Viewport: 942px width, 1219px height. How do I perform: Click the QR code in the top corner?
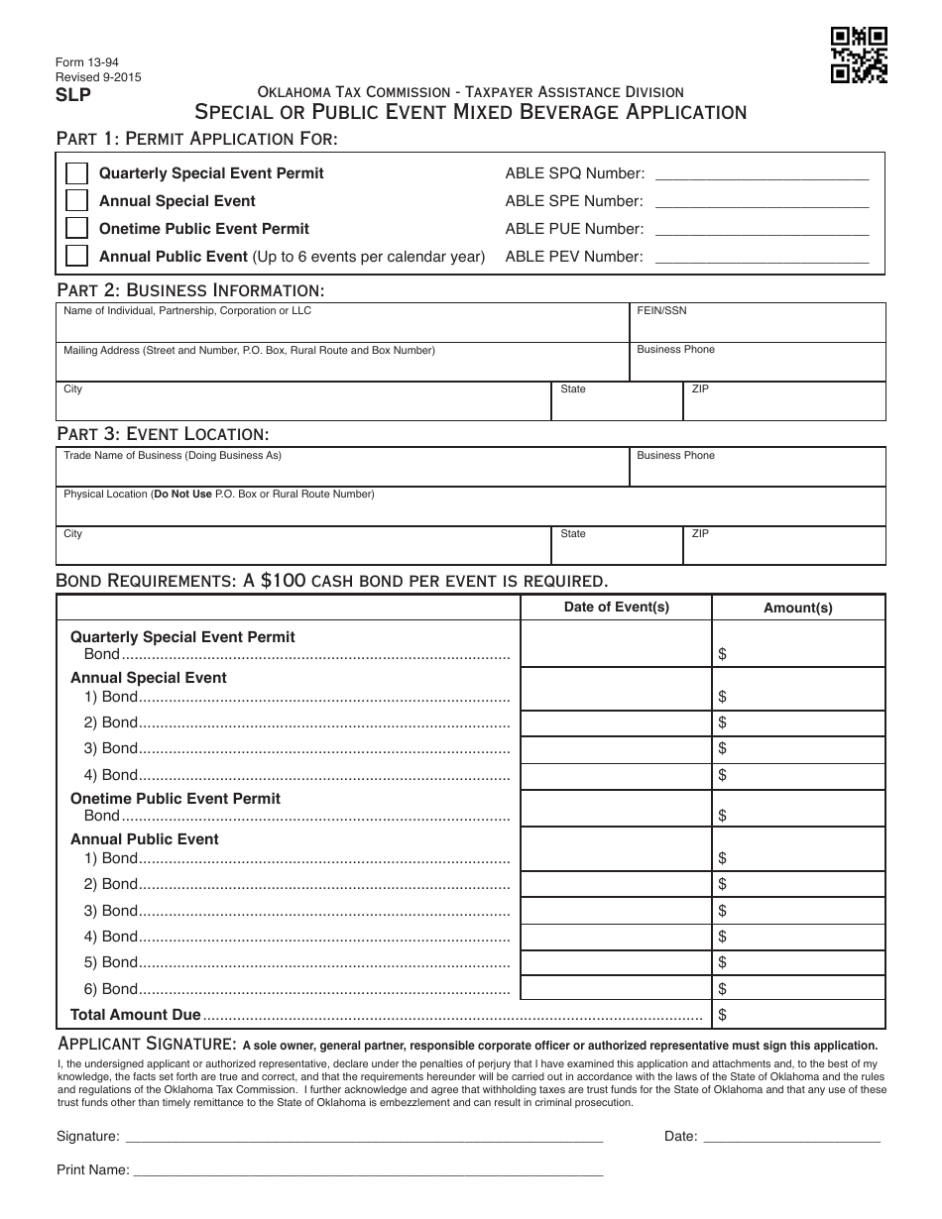(x=859, y=55)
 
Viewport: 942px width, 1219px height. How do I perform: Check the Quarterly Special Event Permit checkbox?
(x=76, y=173)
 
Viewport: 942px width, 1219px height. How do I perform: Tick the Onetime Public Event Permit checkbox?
(x=76, y=229)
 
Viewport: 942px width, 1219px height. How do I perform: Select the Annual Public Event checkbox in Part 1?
(x=76, y=257)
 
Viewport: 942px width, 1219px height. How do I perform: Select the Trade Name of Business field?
(x=342, y=468)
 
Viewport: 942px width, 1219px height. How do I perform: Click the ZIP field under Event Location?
(x=785, y=546)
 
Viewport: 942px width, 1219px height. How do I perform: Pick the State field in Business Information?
(x=616, y=401)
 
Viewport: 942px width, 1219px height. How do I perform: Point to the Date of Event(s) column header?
(x=616, y=608)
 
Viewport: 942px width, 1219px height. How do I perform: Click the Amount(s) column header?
(x=798, y=609)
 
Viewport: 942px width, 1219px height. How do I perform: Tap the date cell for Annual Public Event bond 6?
(x=616, y=988)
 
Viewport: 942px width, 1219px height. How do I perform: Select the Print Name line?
(x=368, y=1170)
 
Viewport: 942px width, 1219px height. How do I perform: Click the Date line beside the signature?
(x=791, y=1138)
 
